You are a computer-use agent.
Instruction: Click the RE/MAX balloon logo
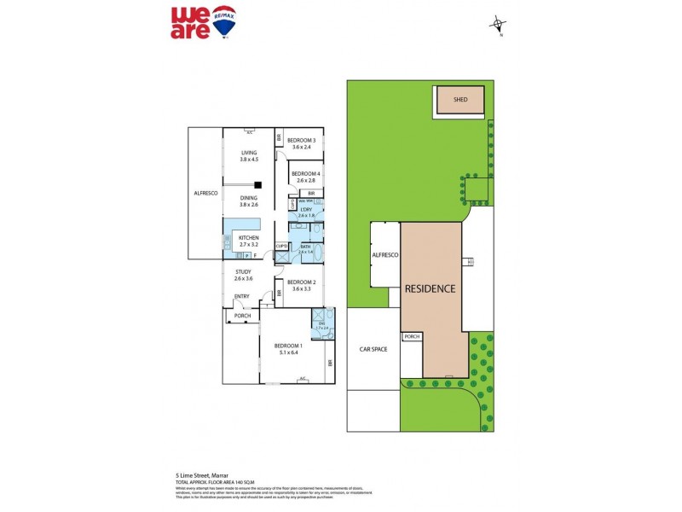(225, 20)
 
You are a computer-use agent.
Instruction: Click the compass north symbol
(498, 25)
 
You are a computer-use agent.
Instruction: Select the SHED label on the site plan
(460, 100)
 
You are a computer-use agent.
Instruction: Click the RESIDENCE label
(430, 288)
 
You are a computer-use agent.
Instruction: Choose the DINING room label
(249, 201)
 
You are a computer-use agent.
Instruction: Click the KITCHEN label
(248, 241)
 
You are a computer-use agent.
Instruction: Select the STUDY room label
(244, 275)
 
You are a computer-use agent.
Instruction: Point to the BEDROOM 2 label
(301, 285)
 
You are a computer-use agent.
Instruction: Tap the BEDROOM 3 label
(301, 143)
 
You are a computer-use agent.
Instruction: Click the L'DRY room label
(307, 212)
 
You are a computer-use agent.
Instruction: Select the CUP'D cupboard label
(281, 247)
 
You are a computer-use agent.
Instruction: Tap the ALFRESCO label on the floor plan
(205, 194)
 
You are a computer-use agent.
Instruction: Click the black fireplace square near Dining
(257, 183)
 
